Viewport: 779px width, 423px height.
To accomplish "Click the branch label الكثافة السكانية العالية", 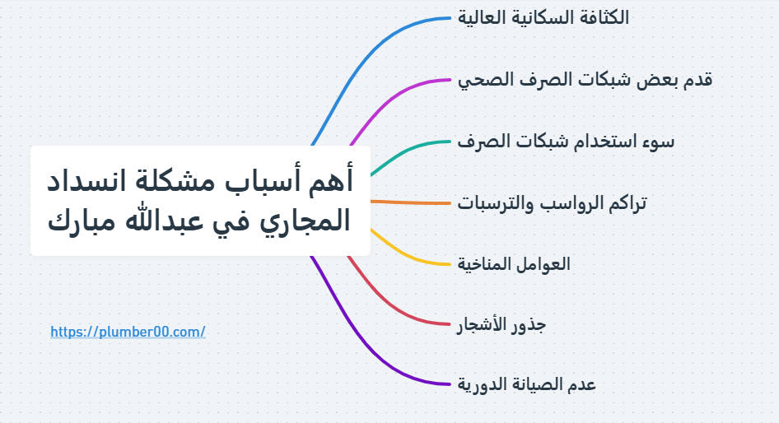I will point(543,18).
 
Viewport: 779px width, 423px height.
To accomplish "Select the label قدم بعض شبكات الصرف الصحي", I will point(585,80).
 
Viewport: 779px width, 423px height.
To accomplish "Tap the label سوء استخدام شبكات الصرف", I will point(566,142).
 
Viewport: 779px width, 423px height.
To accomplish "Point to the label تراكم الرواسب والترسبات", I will point(552,203).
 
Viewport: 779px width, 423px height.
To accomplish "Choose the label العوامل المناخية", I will point(514,264).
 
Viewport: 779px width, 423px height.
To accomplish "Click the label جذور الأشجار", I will point(501,325).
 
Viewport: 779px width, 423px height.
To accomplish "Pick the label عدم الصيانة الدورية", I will point(526,384).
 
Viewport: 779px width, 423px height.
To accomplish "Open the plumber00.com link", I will point(128,332).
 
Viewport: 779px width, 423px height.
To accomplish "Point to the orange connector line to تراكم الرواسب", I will point(412,202).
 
